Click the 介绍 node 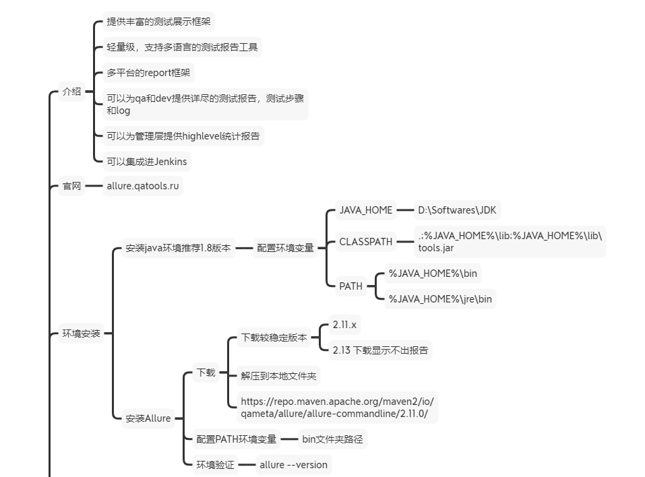click(71, 92)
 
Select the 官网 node click(71, 186)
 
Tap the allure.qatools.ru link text click(143, 186)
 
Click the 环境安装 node click(81, 333)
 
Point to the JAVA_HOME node click(365, 210)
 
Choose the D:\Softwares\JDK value click(457, 210)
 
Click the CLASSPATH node click(365, 242)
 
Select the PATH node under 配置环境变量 click(350, 286)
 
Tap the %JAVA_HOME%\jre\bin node click(440, 299)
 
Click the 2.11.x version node click(344, 325)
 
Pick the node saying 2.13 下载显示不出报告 click(380, 350)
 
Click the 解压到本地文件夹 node click(278, 376)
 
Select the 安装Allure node click(148, 418)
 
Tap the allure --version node click(293, 465)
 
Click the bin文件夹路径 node click(332, 439)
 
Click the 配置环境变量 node click(285, 248)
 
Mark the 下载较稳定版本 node click(274, 338)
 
